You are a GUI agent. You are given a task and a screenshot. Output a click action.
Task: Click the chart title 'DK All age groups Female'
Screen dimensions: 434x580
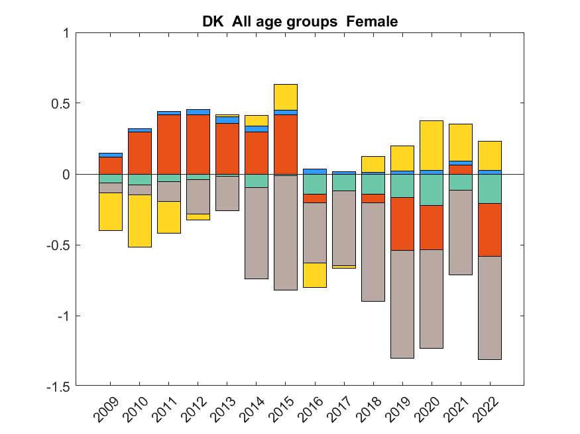[300, 22]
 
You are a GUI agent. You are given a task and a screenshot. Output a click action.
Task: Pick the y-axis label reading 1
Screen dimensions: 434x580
[65, 32]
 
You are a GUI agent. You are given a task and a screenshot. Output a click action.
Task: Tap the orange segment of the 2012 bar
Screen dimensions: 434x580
[198, 144]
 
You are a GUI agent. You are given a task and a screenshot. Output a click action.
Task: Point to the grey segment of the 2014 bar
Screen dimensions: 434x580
[257, 233]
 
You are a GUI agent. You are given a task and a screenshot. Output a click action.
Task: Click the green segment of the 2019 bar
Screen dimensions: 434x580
[402, 185]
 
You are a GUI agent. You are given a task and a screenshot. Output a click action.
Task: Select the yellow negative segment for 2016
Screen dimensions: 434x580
[315, 275]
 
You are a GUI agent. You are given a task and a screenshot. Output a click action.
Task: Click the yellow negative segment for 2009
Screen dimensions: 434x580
[111, 211]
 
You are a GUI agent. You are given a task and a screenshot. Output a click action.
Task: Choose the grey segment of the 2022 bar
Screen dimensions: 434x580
[490, 308]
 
